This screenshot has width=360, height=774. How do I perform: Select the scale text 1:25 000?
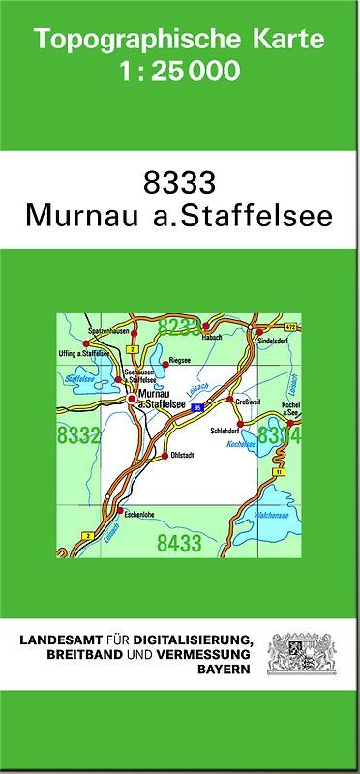tap(179, 71)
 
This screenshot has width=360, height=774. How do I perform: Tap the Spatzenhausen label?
tap(107, 332)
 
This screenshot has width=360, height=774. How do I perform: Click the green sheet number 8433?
tap(179, 544)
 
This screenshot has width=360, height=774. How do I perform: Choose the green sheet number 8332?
tap(78, 436)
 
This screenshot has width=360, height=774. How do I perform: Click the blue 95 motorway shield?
tap(197, 408)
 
